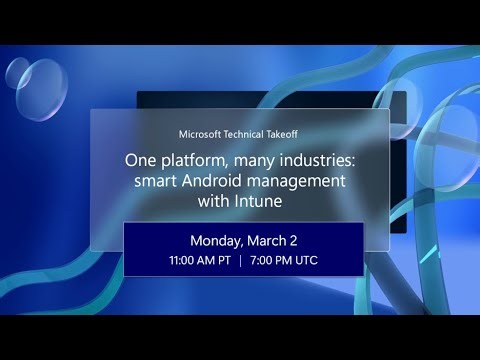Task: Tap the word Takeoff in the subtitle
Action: click(280, 134)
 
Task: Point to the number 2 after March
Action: click(295, 241)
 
